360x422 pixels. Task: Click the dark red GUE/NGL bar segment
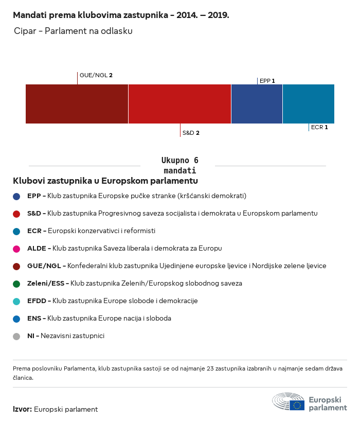pyautogui.click(x=77, y=104)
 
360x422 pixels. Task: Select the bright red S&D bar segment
pyautogui.click(x=180, y=104)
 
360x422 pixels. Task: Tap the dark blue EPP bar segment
pyautogui.click(x=257, y=104)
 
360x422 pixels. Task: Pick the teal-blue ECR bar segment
pyautogui.click(x=309, y=104)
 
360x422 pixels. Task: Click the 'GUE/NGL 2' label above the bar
pyautogui.click(x=96, y=75)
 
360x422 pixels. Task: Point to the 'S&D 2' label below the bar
pyautogui.click(x=191, y=133)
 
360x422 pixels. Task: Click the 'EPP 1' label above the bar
pyautogui.click(x=267, y=81)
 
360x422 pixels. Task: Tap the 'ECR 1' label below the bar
pyautogui.click(x=319, y=127)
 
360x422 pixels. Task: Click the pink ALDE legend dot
pyautogui.click(x=16, y=249)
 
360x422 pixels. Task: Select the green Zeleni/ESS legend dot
pyautogui.click(x=16, y=284)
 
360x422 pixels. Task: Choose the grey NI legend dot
pyautogui.click(x=16, y=337)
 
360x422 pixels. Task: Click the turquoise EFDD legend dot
pyautogui.click(x=16, y=302)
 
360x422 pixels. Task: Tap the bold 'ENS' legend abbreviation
pyautogui.click(x=34, y=319)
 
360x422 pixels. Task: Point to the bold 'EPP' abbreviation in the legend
pyautogui.click(x=34, y=196)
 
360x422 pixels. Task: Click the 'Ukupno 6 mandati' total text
pyautogui.click(x=180, y=166)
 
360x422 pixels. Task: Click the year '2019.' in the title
pyautogui.click(x=218, y=15)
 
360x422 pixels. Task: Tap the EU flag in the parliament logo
pyautogui.click(x=297, y=406)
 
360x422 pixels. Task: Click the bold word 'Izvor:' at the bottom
pyautogui.click(x=22, y=409)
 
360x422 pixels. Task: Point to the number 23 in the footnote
pyautogui.click(x=210, y=368)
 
